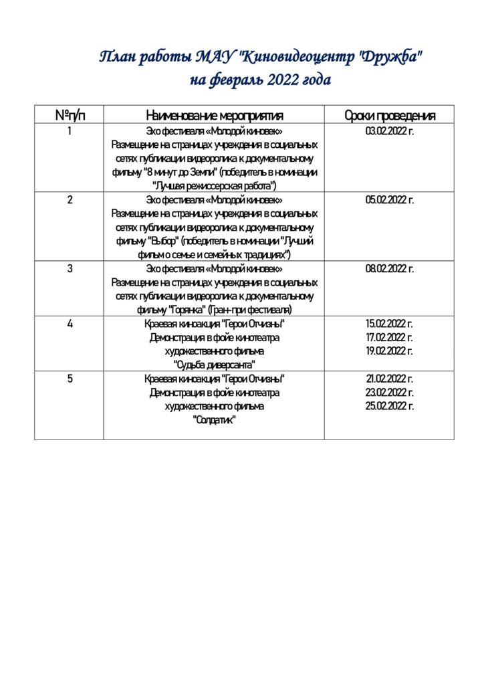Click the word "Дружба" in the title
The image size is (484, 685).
click(x=392, y=58)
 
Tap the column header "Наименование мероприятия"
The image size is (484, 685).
click(x=214, y=115)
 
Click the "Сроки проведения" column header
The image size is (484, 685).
click(x=389, y=115)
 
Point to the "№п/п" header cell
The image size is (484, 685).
click(x=70, y=115)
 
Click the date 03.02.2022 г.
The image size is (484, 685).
click(x=389, y=131)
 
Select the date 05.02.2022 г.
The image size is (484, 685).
click(x=389, y=200)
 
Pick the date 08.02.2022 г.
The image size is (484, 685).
click(x=389, y=269)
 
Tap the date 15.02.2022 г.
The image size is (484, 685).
click(x=389, y=324)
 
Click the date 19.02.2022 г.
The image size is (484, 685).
click(x=389, y=351)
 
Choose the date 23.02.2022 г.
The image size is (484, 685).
click(x=389, y=393)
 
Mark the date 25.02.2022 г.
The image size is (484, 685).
click(x=389, y=406)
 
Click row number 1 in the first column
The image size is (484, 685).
click(x=70, y=131)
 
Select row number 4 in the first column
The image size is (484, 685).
click(x=70, y=324)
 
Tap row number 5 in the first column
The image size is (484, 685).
click(x=70, y=379)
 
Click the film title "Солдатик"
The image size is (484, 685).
click(x=215, y=420)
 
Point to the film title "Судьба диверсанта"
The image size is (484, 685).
click(x=215, y=365)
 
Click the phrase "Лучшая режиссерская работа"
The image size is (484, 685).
click(x=215, y=186)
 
